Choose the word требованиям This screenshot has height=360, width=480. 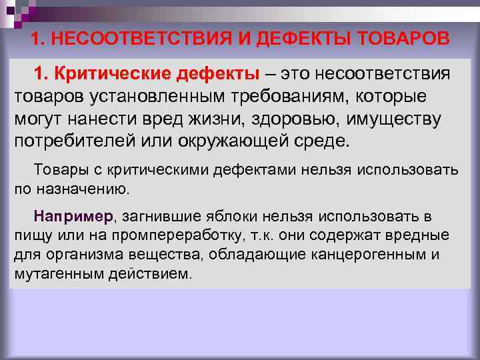(x=304, y=95)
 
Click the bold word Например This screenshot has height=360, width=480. (x=74, y=217)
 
